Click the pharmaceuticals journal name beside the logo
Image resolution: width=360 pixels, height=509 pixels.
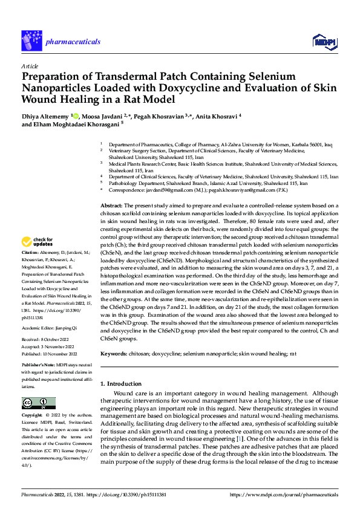click(x=69, y=42)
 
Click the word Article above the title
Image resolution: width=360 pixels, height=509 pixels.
click(x=30, y=66)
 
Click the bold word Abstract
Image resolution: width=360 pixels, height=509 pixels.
click(x=111, y=206)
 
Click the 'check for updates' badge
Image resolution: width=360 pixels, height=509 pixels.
click(x=38, y=242)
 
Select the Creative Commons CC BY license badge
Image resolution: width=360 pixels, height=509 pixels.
click(x=38, y=403)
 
